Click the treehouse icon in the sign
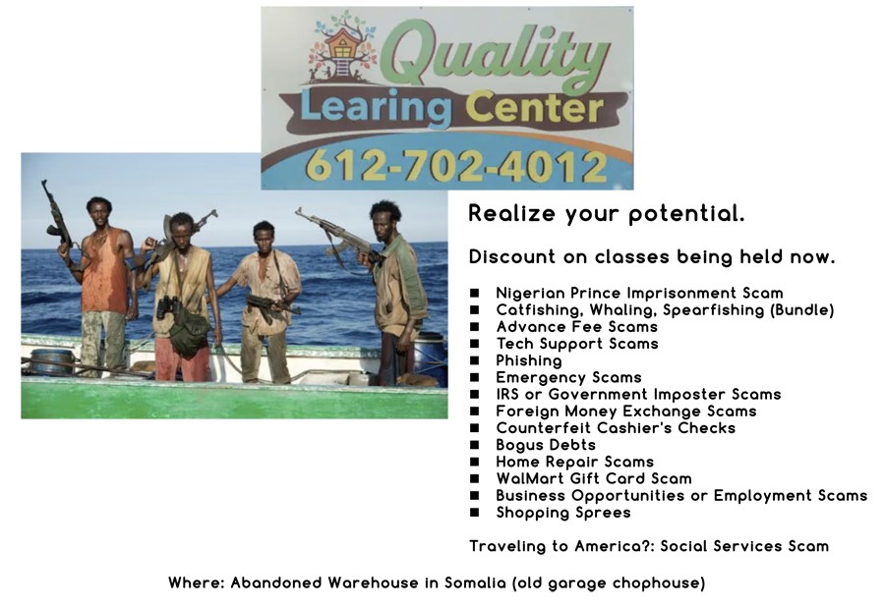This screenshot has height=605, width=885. click(341, 47)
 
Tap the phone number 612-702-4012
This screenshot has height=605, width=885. click(456, 166)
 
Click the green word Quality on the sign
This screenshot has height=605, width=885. click(496, 55)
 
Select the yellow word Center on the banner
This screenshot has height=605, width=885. click(534, 108)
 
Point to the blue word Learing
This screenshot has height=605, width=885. click(377, 108)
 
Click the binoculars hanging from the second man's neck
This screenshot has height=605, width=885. click(169, 306)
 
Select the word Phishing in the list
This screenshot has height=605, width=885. click(529, 360)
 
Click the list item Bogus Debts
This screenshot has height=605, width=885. click(546, 446)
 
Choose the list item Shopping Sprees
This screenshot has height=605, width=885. click(563, 513)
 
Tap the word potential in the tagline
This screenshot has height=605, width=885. click(686, 214)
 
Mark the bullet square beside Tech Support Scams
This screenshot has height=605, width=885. click(475, 344)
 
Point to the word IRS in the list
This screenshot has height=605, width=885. click(506, 394)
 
